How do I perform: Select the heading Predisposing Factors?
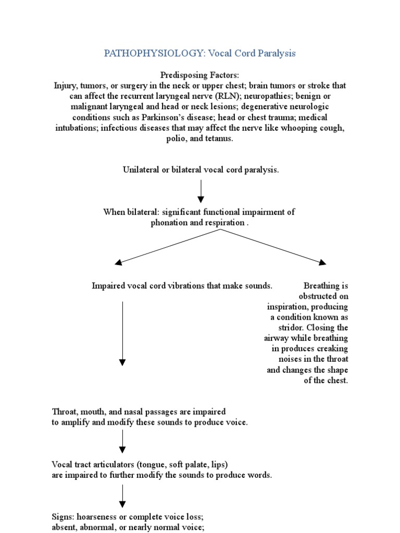point(201,75)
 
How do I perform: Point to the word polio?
point(176,138)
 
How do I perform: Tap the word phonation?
point(169,223)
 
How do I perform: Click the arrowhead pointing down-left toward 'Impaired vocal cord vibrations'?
point(119,262)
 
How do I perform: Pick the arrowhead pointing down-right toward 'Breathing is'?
point(322,262)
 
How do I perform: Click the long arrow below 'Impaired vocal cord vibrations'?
point(122,333)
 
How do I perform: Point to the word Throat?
point(63,412)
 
